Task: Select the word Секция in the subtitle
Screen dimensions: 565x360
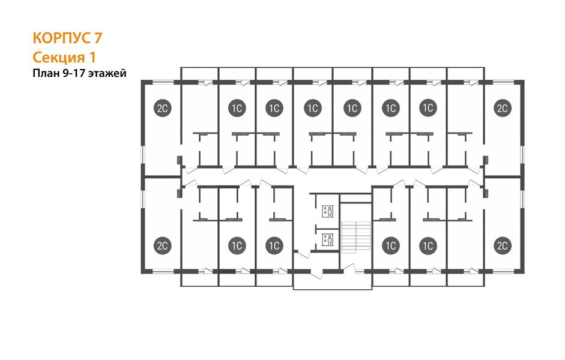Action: (56, 57)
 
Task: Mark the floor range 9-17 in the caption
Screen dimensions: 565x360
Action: (74, 73)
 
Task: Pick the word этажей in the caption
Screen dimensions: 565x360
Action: (107, 74)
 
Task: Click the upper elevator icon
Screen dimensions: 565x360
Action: (328, 211)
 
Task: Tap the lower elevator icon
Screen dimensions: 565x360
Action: (328, 239)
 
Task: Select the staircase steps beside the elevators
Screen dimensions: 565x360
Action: (356, 237)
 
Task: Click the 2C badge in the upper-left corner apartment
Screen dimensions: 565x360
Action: (163, 107)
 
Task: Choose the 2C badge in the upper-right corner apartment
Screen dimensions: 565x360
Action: (503, 107)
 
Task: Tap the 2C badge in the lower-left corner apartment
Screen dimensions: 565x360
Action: (163, 245)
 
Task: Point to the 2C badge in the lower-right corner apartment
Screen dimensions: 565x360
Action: (503, 245)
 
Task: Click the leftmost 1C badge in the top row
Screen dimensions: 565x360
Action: (237, 107)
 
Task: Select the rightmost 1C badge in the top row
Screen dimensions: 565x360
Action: (428, 107)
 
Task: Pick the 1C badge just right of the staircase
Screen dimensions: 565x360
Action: (391, 245)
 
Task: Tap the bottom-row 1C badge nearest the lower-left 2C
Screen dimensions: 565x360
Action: (237, 245)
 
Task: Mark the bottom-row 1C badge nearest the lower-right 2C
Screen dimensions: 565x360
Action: (428, 245)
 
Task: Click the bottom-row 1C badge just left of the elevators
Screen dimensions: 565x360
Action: (274, 245)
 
